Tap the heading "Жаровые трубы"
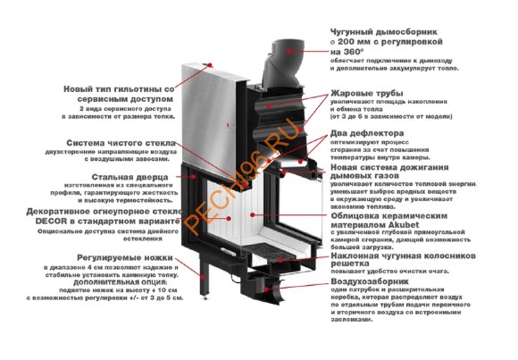[366, 93]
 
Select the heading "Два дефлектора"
[367, 133]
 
